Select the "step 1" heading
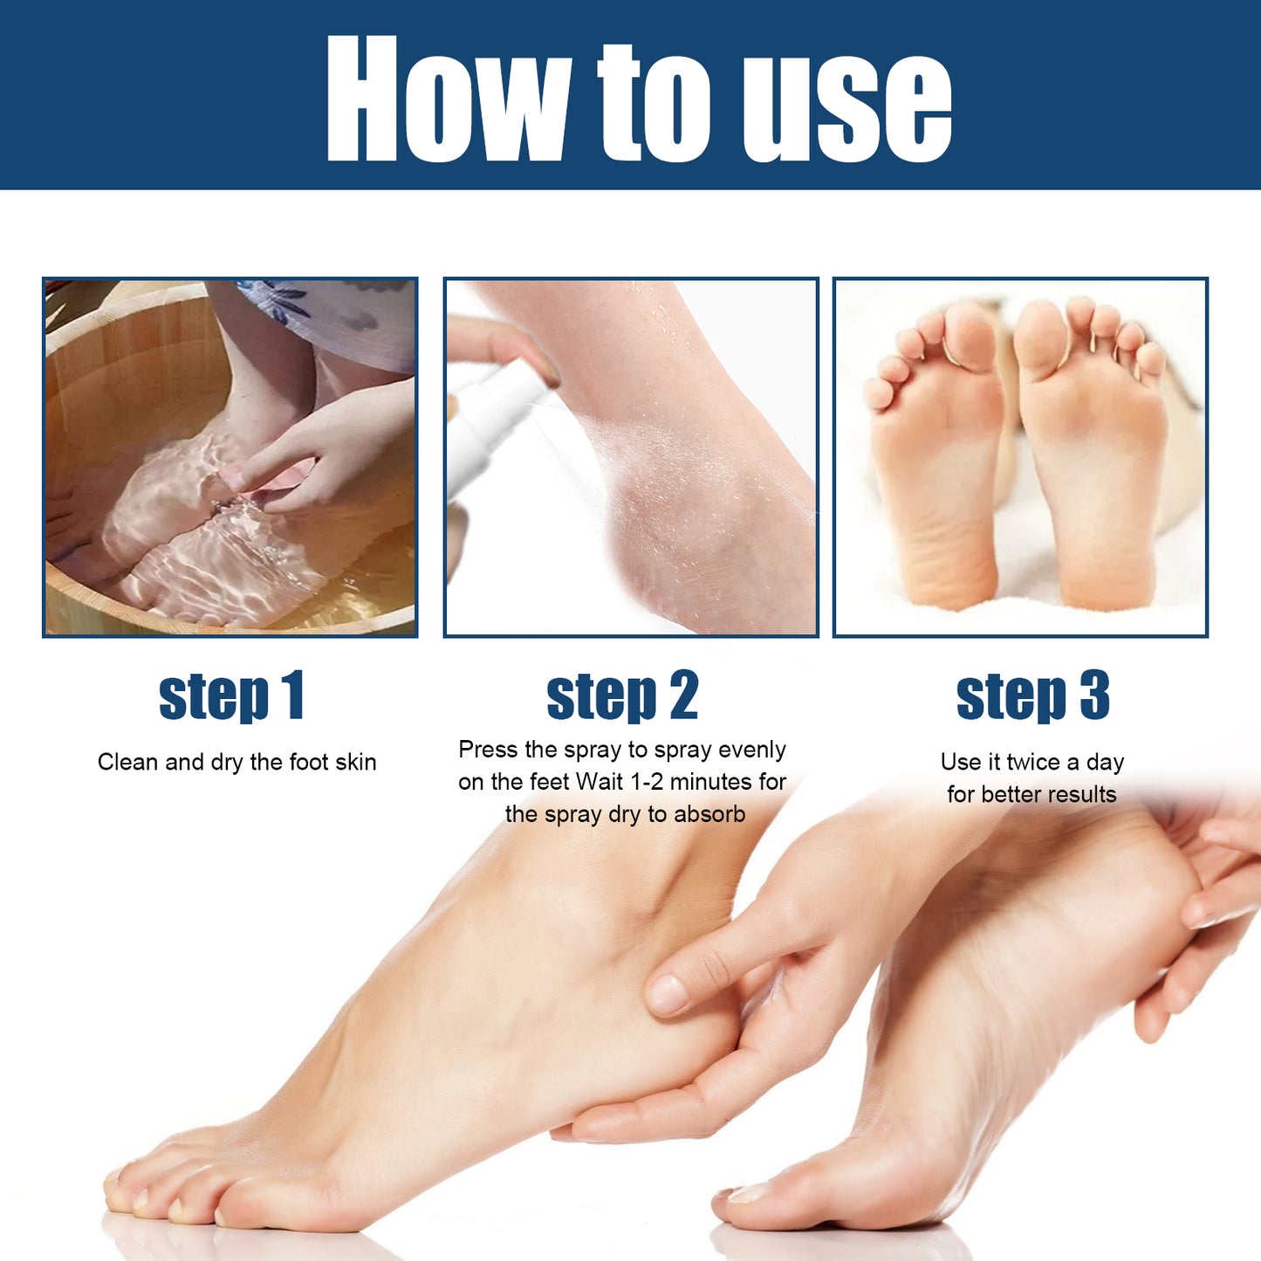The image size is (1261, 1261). click(231, 696)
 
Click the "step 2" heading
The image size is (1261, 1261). click(622, 696)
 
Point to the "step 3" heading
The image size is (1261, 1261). click(1032, 696)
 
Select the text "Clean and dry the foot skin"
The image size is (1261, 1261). click(236, 762)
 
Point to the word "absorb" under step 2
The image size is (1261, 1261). click(709, 814)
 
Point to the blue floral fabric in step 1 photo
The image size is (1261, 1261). click(340, 314)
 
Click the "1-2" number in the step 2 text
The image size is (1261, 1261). click(647, 782)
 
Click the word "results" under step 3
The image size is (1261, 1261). click(1081, 794)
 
